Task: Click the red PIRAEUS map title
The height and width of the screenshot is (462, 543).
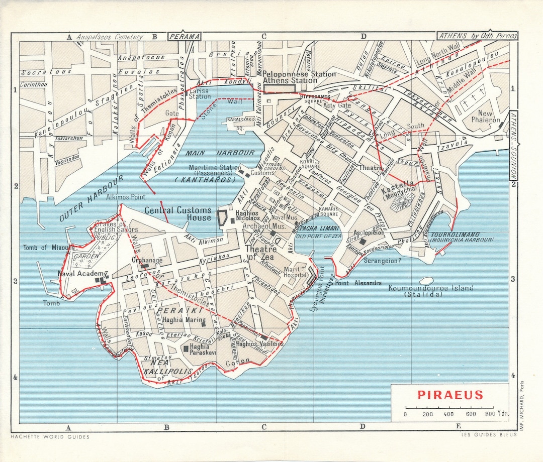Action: tap(449, 395)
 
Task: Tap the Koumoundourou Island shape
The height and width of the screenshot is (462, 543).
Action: tap(426, 281)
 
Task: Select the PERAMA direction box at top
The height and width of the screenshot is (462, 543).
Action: tap(184, 36)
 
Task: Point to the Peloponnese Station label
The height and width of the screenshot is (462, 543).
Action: tap(299, 74)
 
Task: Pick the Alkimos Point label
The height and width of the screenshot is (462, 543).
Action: tap(125, 197)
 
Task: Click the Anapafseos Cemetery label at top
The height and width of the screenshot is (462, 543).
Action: tap(109, 37)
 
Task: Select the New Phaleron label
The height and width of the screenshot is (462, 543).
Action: tap(485, 117)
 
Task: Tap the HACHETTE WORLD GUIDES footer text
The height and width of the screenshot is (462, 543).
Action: tap(50, 437)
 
